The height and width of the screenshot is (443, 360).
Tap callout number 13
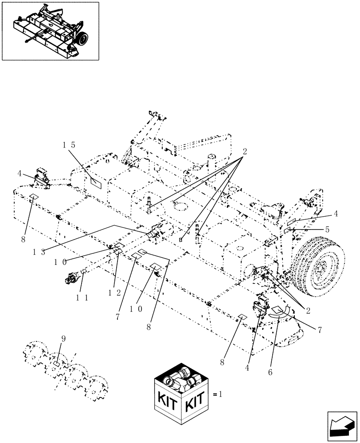[39, 252]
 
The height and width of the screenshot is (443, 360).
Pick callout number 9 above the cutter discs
[63, 339]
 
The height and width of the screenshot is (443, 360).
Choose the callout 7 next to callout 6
[319, 330]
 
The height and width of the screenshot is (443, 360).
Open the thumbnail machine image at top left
[50, 31]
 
